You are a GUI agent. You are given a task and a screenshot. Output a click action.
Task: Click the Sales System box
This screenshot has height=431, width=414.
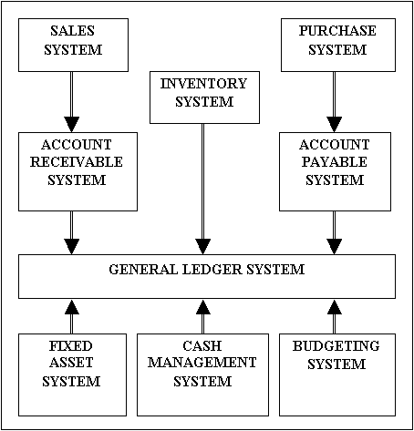pyautogui.click(x=73, y=45)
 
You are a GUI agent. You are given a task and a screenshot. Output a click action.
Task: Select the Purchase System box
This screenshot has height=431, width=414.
pyautogui.click(x=338, y=45)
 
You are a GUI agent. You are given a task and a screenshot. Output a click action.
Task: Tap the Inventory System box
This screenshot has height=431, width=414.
pyautogui.click(x=204, y=97)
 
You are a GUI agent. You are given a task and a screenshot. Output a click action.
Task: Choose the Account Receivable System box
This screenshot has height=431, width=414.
pyautogui.click(x=78, y=171)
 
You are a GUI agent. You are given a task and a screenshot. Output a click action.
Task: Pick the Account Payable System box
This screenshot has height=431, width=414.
pyautogui.click(x=335, y=171)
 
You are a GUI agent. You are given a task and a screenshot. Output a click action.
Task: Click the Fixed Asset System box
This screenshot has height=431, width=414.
pyautogui.click(x=72, y=375)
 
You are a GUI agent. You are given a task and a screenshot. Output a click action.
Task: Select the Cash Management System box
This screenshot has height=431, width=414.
pyautogui.click(x=202, y=375)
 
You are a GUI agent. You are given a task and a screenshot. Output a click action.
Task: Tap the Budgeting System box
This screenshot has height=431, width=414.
pyautogui.click(x=337, y=375)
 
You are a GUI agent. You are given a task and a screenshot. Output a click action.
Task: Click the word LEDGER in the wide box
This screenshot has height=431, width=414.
pyautogui.click(x=212, y=270)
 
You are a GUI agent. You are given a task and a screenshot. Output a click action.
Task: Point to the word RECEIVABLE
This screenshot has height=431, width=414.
pyautogui.click(x=77, y=162)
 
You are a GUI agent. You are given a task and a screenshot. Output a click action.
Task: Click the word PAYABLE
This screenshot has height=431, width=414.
pyautogui.click(x=335, y=162)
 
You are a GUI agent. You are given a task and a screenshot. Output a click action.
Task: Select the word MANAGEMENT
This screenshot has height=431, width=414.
pyautogui.click(x=202, y=363)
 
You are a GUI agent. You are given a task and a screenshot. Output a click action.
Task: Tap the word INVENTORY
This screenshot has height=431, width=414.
pyautogui.click(x=203, y=84)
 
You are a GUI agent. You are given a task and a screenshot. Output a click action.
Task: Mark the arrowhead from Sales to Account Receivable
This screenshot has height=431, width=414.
pyautogui.click(x=72, y=124)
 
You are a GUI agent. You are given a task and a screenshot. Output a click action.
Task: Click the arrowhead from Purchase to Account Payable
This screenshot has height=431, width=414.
pyautogui.click(x=335, y=124)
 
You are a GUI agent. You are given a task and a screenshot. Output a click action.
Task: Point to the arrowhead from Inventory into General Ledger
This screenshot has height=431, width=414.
pyautogui.click(x=202, y=247)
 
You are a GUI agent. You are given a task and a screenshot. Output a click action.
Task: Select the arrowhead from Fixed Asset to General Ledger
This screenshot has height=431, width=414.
pyautogui.click(x=72, y=307)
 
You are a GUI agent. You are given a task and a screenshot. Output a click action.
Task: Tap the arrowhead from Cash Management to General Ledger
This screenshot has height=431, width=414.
pyautogui.click(x=203, y=307)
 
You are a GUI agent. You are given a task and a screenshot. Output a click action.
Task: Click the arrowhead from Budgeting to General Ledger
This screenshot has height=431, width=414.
pyautogui.click(x=335, y=307)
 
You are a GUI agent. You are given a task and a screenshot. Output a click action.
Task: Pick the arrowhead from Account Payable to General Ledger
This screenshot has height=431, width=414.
pyautogui.click(x=335, y=247)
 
